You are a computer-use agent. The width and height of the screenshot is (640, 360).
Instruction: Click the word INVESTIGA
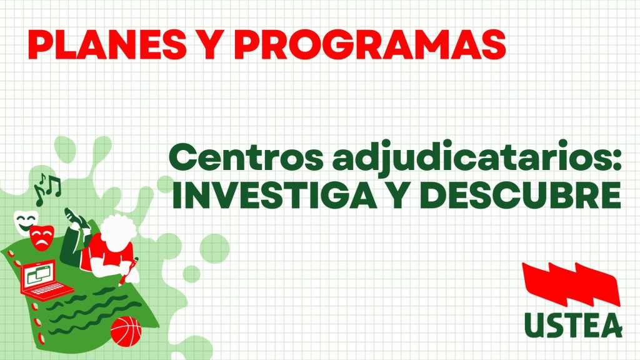(x=274, y=195)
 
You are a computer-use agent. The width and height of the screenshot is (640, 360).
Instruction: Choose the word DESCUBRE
(x=521, y=195)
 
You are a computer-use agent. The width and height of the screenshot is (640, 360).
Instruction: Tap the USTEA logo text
(x=573, y=324)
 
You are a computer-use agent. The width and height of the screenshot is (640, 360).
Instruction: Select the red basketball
(x=126, y=331)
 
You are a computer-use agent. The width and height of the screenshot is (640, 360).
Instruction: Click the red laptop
(x=46, y=278)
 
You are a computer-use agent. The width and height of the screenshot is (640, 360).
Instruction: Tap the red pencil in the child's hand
(x=129, y=270)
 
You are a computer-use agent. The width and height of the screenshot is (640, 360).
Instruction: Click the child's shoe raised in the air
(x=76, y=217)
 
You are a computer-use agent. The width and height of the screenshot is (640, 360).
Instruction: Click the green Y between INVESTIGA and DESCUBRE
(x=398, y=195)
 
